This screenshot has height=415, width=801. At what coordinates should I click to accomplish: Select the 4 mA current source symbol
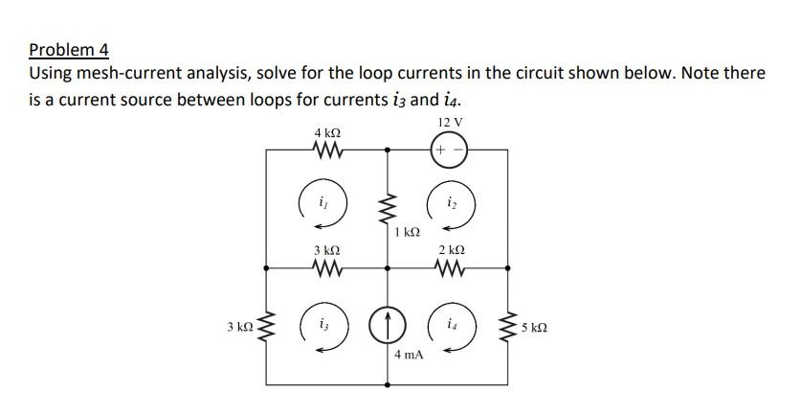coord(388,328)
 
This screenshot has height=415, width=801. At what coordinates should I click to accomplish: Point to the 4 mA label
coord(409,355)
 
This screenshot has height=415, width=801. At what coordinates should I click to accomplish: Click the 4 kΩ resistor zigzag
coord(327,150)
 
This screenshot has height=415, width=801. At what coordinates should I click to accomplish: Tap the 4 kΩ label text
coord(327,131)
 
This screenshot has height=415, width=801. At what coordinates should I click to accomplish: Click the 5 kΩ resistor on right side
coord(509,328)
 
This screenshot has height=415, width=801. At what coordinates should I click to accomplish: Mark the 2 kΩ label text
coord(449,250)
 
